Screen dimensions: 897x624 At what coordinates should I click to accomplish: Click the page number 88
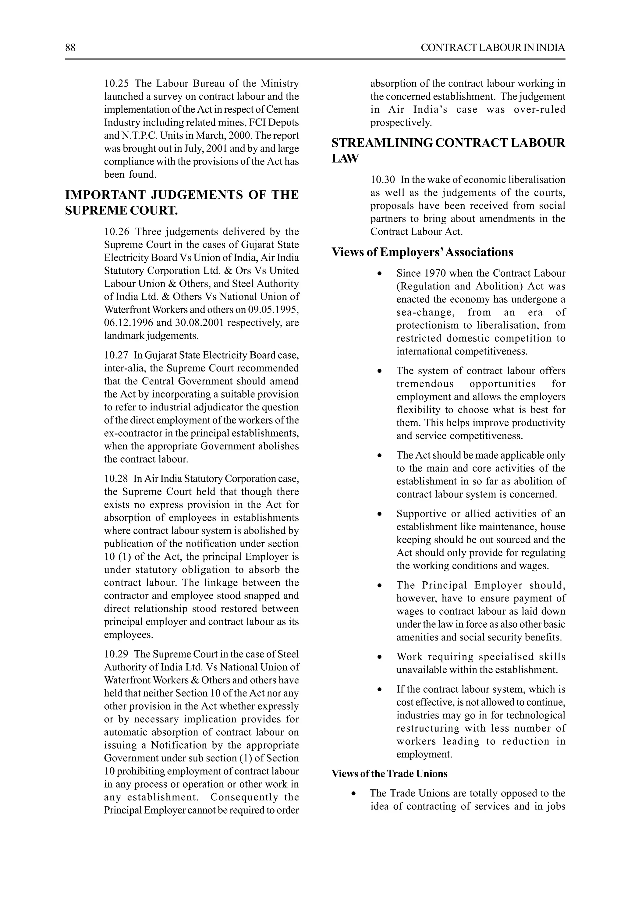pos(70,48)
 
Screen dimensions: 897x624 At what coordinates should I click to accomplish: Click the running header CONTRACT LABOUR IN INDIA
pos(492,48)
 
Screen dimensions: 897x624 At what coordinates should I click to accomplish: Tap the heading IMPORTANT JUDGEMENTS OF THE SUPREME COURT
pos(182,202)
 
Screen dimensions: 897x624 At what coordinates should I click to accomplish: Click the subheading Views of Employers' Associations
pos(422,252)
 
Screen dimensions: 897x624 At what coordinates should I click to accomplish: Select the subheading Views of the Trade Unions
pos(389,774)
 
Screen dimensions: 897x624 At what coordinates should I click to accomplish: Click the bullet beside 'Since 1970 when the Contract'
pos(379,274)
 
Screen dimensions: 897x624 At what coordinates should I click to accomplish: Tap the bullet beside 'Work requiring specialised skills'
pos(379,658)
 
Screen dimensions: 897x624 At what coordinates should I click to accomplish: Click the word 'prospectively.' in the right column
pos(401,123)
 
